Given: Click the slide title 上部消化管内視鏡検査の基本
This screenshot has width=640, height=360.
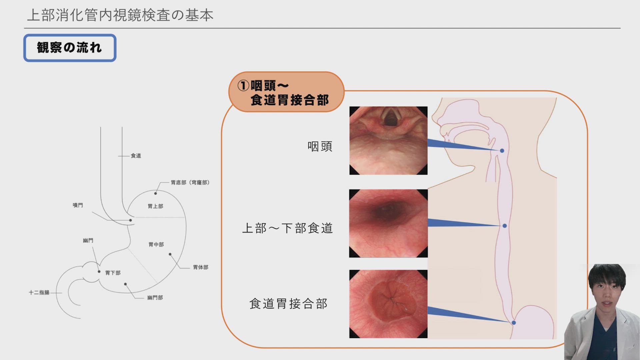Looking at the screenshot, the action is [x=120, y=15].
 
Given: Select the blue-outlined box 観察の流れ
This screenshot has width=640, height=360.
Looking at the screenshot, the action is [x=70, y=48].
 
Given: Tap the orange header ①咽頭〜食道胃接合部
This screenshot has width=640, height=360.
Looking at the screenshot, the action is [x=286, y=92].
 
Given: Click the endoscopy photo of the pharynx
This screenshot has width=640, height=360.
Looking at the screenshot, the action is [x=388, y=141].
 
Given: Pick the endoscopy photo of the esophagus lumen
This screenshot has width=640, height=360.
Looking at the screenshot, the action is [x=388, y=223].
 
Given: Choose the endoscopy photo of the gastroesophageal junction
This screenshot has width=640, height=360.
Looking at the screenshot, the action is [x=388, y=304].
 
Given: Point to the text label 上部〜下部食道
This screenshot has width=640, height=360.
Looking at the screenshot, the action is [x=287, y=228].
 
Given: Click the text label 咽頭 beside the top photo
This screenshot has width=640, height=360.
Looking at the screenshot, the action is [x=320, y=146].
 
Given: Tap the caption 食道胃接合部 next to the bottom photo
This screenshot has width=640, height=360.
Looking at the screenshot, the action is [x=288, y=304].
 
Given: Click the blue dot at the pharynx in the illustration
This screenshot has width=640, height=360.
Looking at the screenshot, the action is [x=502, y=151].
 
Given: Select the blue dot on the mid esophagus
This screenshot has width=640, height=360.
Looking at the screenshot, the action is [x=505, y=226].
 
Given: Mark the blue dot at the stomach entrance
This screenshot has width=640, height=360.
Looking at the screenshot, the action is [x=514, y=323].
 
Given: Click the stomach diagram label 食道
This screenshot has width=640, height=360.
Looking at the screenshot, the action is [x=136, y=156].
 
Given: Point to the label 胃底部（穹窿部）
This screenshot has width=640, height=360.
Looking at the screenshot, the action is [x=190, y=182].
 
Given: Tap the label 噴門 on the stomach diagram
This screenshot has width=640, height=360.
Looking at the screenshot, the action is [x=78, y=205].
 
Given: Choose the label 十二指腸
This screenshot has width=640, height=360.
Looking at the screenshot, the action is [x=39, y=292].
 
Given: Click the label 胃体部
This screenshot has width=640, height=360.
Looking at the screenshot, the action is [x=201, y=267].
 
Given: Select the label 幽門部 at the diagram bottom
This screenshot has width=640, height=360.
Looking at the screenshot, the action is [x=155, y=297].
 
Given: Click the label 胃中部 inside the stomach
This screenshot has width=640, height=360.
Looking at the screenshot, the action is [x=156, y=244].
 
